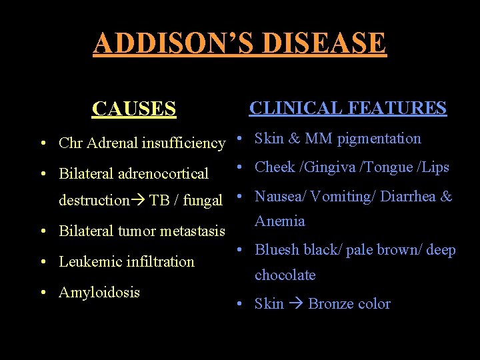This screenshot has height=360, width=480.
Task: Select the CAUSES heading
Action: (134, 109)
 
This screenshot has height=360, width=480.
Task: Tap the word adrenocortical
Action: (163, 174)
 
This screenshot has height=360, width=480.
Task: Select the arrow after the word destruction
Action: (139, 201)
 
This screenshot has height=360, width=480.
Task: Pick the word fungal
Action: (203, 201)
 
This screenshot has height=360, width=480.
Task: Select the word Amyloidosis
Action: (99, 292)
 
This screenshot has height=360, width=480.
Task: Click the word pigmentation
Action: (379, 139)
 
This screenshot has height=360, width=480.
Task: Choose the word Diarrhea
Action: (413, 197)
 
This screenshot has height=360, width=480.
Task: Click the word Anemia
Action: (279, 221)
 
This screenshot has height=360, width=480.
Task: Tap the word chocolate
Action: (285, 275)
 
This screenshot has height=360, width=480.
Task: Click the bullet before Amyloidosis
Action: (42, 293)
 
